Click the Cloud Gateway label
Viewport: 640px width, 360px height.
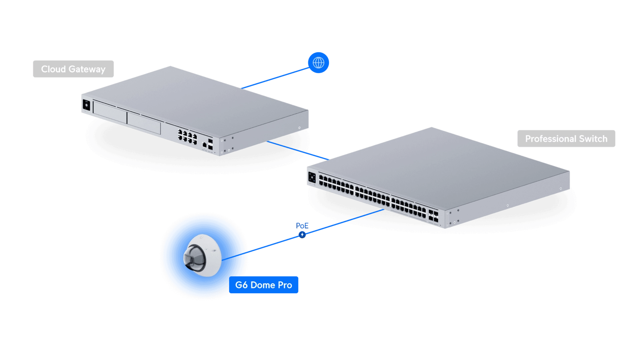point(73,69)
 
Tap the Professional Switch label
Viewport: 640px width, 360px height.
point(566,139)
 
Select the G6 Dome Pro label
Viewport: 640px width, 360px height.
point(263,285)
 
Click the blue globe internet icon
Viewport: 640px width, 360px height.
point(318,63)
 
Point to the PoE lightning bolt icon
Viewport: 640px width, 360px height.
point(302,235)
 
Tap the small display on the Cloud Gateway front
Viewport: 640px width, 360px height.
point(86,105)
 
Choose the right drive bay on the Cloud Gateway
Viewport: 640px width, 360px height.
point(144,123)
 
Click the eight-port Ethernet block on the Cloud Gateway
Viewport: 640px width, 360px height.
point(187,137)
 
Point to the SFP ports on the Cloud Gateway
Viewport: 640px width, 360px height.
point(211,144)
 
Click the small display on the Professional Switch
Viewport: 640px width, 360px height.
point(312,178)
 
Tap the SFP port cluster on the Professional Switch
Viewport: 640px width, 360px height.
point(433,216)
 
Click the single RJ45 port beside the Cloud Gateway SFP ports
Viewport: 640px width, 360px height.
point(204,145)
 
